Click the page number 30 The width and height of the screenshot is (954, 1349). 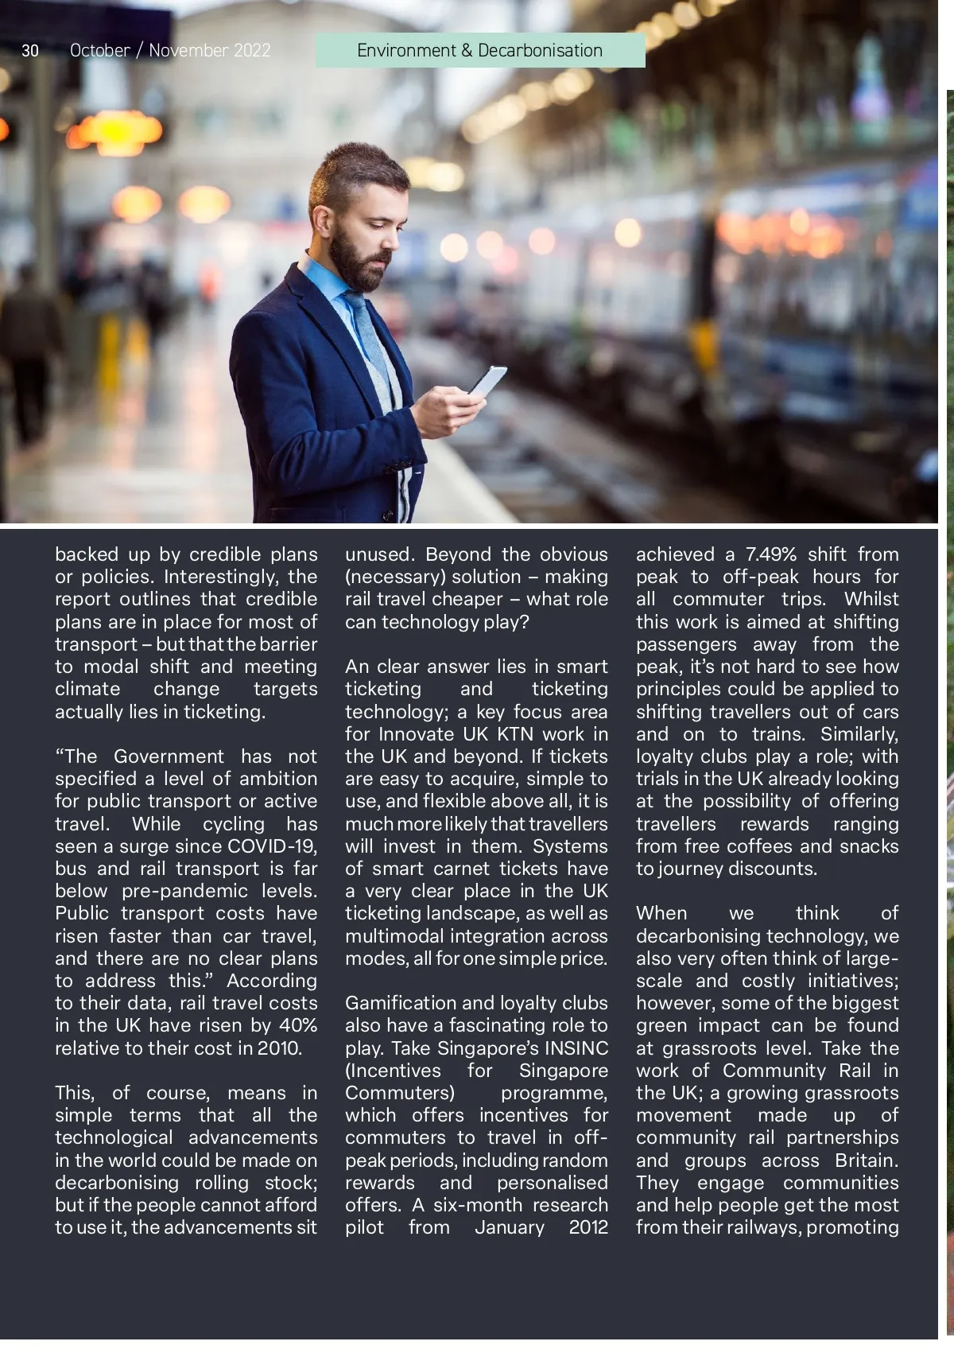coord(30,51)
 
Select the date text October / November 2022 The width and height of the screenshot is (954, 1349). coord(170,51)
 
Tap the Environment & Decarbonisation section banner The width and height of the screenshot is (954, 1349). coord(479,50)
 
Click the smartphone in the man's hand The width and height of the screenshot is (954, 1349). coord(487,383)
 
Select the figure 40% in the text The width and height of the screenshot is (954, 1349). coord(297,1025)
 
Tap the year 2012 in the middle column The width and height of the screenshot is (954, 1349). coord(588,1227)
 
